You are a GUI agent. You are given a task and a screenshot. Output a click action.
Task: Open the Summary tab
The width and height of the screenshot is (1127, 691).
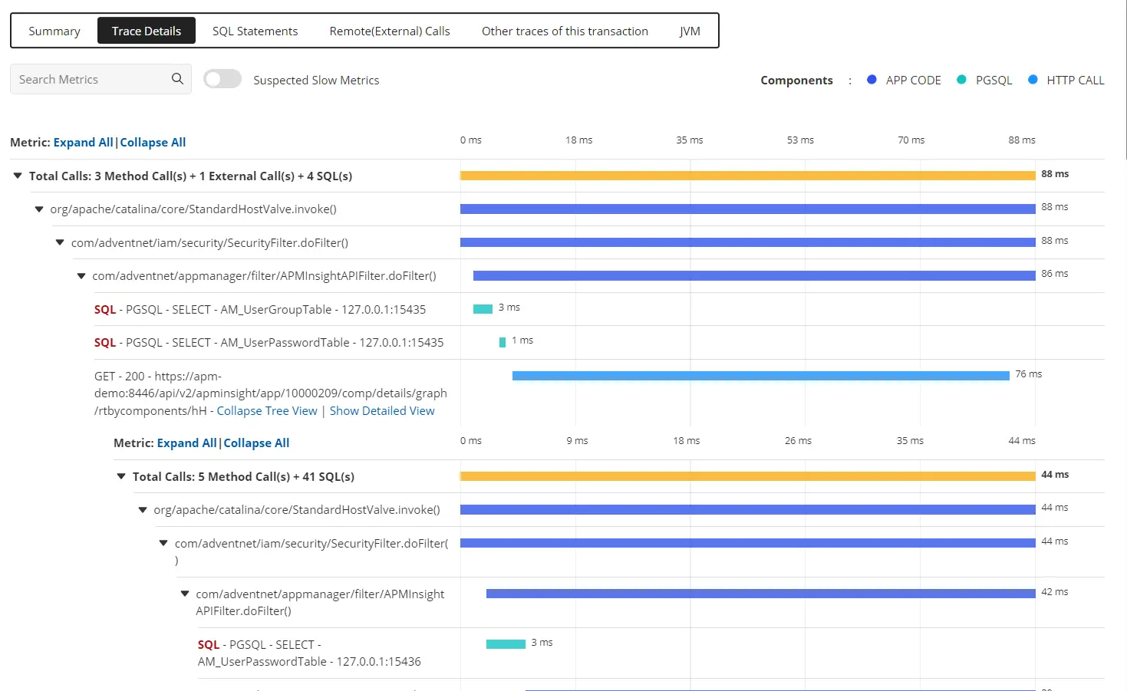pos(54,31)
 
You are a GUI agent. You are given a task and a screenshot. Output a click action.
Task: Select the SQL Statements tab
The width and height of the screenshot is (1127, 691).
pos(255,31)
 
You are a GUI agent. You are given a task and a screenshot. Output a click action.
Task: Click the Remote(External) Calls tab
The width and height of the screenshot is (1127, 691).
pos(390,31)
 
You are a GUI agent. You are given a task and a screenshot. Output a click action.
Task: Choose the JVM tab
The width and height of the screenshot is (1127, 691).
pos(690,31)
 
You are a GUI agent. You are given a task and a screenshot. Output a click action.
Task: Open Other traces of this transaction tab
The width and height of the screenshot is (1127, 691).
pos(565,31)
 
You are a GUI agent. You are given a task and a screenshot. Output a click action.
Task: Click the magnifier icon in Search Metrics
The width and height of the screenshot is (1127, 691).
pos(177,79)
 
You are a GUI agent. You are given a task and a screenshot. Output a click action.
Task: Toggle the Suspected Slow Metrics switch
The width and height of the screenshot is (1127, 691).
pos(222,79)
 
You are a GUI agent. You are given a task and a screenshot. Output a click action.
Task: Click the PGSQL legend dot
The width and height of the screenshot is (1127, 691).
pos(961,80)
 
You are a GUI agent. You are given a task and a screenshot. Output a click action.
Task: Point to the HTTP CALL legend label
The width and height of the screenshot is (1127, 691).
pos(1075,81)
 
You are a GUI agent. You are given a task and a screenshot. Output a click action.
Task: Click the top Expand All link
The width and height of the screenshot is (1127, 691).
pos(83,143)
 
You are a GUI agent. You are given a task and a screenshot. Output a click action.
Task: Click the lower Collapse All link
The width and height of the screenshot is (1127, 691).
pos(256,443)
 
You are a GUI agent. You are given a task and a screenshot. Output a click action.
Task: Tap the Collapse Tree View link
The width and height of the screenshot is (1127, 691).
pos(267,411)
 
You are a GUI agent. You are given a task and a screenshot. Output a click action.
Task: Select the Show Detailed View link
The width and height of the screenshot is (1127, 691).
pos(382,411)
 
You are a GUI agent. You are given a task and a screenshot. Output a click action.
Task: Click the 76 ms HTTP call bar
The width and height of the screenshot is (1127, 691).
pos(760,376)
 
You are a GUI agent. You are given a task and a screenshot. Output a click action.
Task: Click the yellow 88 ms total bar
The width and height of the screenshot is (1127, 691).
pos(747,176)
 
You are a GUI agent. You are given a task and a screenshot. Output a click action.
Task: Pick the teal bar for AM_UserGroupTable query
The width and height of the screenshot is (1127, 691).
pos(483,309)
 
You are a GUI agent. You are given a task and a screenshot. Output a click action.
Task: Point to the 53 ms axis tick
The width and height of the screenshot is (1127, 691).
pos(800,140)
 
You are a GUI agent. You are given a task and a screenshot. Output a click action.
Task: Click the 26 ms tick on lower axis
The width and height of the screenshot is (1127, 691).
pos(798,441)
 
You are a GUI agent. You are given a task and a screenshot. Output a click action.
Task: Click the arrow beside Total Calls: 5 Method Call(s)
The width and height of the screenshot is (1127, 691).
pos(120,476)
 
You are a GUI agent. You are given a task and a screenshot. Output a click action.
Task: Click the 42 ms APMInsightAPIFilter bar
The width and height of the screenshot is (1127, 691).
pos(760,594)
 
